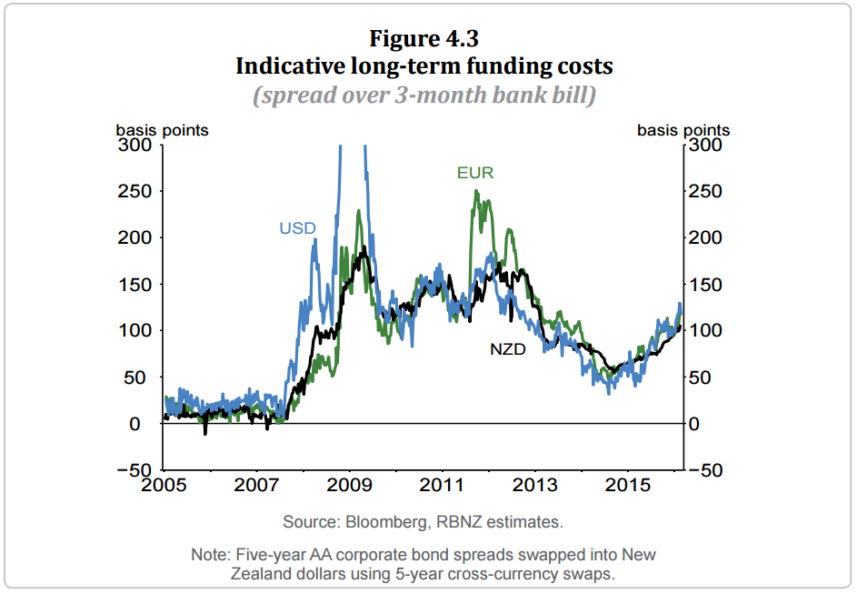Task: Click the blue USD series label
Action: [x=297, y=228]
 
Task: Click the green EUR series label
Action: [x=475, y=173]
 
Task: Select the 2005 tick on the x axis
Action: [x=164, y=484]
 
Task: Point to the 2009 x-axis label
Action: [x=350, y=484]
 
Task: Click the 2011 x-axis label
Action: [x=443, y=484]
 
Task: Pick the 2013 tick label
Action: [x=536, y=484]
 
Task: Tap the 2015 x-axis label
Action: [x=629, y=484]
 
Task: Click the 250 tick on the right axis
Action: [x=706, y=192]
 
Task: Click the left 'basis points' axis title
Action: [x=162, y=130]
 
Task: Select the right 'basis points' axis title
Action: [x=683, y=130]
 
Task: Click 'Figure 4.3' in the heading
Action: [x=424, y=39]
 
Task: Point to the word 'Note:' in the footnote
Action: [x=211, y=555]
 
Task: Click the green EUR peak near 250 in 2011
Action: [x=476, y=192]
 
